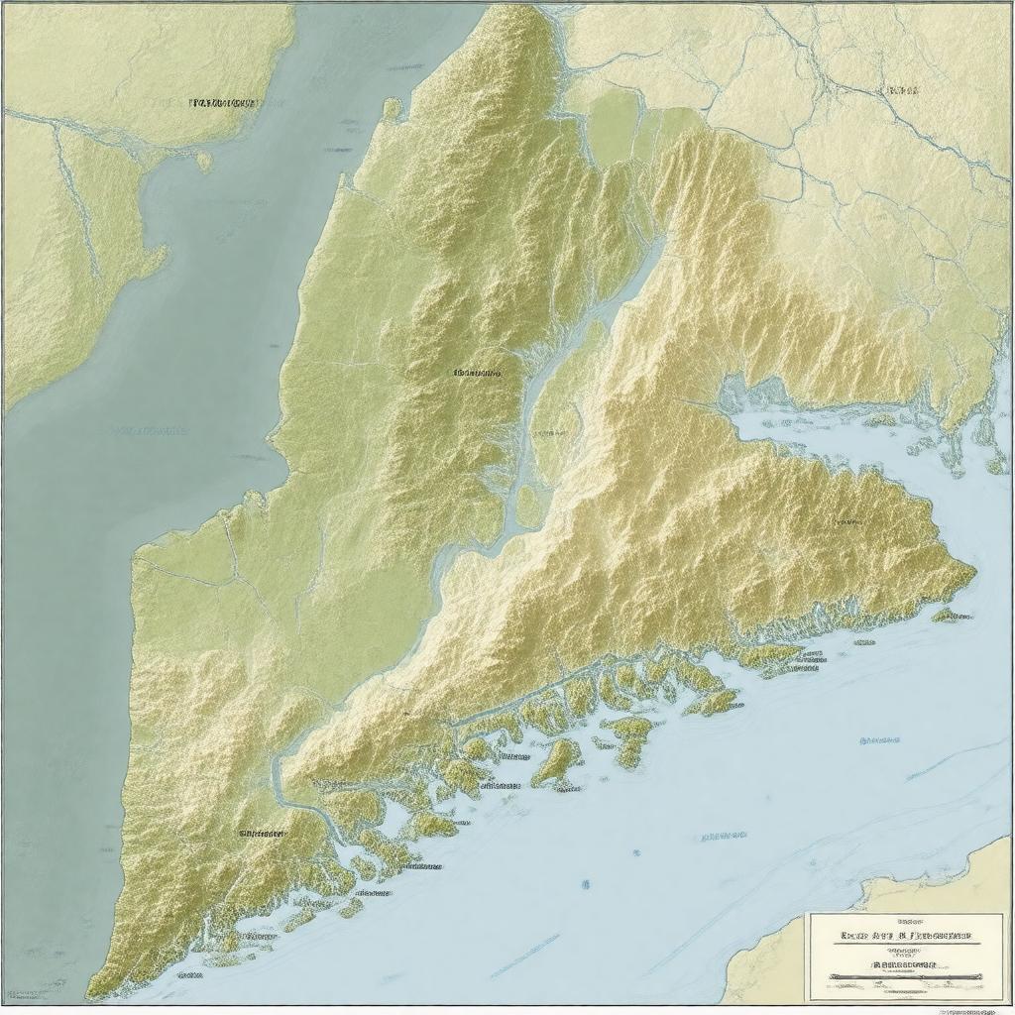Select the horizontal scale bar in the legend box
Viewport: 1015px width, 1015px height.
[x=903, y=977]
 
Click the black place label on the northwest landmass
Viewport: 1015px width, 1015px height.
[x=222, y=102]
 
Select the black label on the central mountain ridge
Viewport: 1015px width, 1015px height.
[x=477, y=374]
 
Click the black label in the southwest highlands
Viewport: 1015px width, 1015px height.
[x=262, y=834]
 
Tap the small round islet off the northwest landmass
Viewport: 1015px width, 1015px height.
[x=203, y=160]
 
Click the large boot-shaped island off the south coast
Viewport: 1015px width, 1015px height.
[x=557, y=761]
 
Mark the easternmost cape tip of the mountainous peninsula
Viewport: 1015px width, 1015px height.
[x=974, y=570]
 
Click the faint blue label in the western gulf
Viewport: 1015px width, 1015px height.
[x=149, y=431]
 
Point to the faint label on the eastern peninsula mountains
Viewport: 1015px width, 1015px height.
[x=847, y=519]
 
